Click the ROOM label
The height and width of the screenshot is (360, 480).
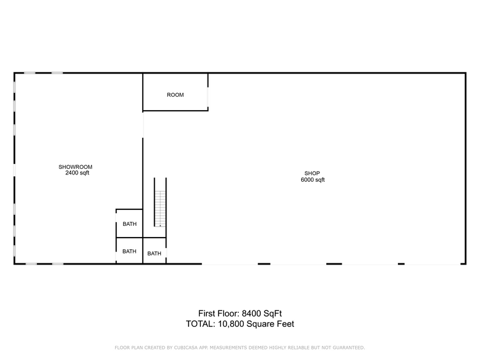tap(175, 95)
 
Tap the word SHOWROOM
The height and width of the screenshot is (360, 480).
tap(75, 167)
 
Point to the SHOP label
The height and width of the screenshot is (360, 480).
tap(312, 173)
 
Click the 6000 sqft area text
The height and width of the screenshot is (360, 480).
tap(312, 180)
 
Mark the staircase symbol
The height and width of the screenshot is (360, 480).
tap(160, 208)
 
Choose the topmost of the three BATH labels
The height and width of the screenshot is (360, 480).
tap(129, 224)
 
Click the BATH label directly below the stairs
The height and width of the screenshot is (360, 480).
tap(154, 253)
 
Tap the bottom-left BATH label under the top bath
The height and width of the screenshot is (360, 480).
tap(129, 251)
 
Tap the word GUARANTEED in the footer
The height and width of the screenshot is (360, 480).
tap(346, 348)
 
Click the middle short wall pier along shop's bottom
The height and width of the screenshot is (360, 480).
tap(334, 264)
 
